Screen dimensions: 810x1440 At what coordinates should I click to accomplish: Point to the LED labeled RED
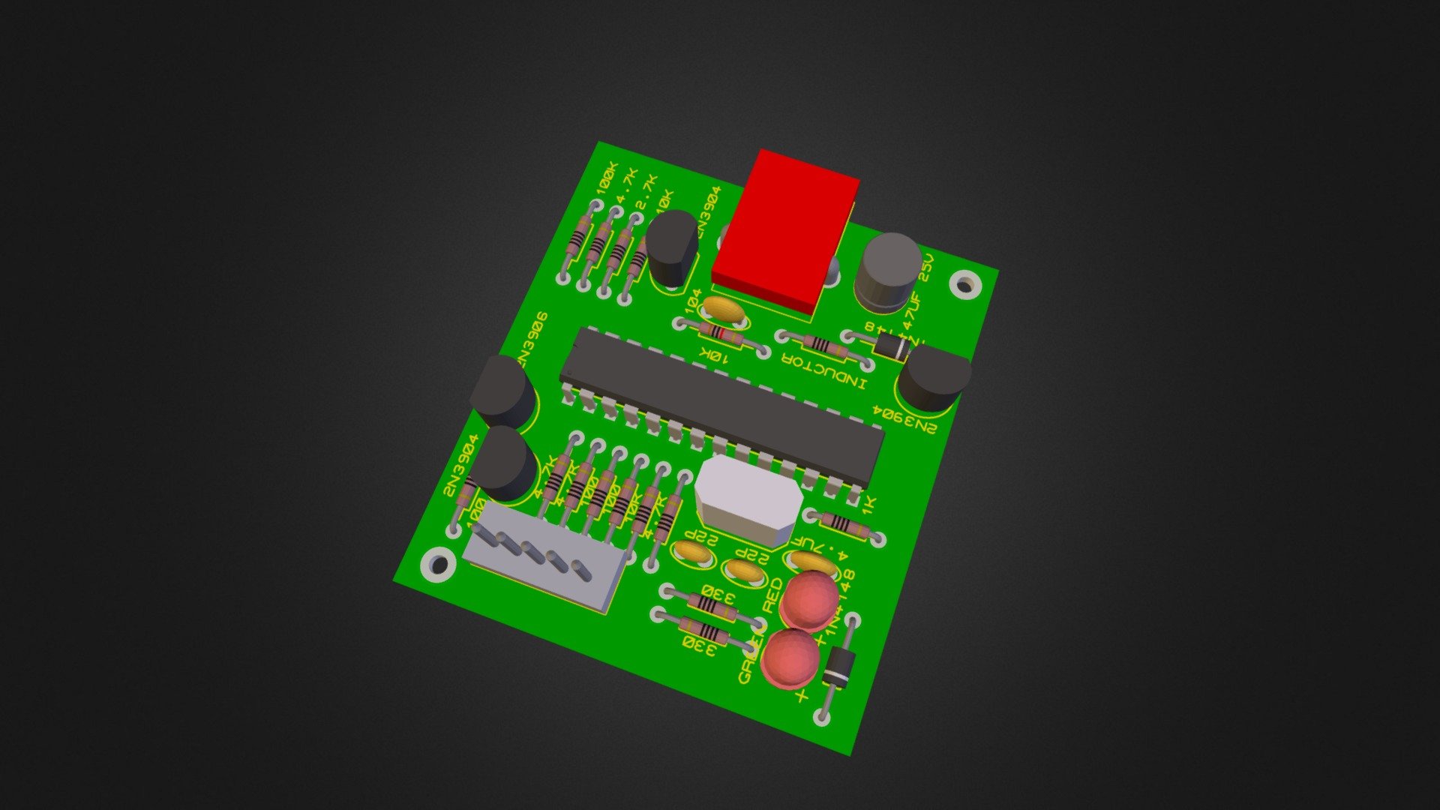(810, 600)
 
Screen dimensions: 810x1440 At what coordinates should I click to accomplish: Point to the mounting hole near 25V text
(964, 284)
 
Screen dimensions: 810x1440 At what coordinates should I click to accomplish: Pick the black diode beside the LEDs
(838, 667)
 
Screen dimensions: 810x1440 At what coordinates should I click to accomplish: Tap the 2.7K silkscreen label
(646, 193)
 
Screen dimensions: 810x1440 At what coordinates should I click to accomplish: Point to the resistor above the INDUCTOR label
(823, 346)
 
